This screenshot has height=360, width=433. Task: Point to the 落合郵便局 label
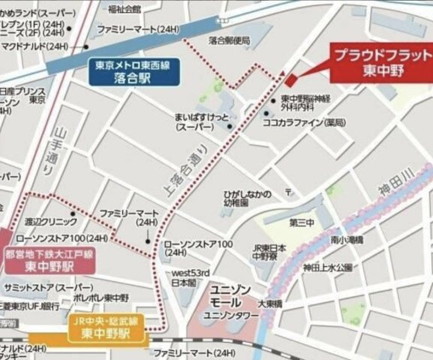pos(229,40)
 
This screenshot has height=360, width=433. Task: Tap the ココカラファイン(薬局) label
pos(313,121)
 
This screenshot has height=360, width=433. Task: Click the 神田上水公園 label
pos(327,267)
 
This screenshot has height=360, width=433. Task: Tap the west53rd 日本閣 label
pos(183,278)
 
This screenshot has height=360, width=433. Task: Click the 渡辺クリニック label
pos(50,222)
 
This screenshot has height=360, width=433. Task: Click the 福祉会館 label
pos(124,10)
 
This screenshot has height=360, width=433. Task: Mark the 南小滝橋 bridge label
pos(346,240)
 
